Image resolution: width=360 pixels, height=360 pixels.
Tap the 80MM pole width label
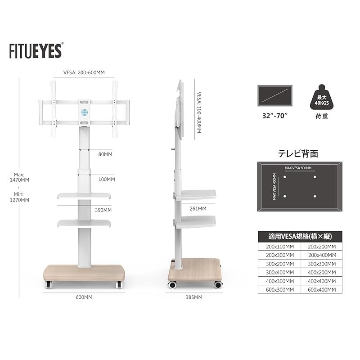coord(105,154)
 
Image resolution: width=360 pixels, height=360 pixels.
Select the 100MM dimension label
coord(107,179)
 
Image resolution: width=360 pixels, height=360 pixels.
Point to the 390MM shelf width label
coord(103,210)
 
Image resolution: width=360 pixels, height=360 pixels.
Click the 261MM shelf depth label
coord(198,209)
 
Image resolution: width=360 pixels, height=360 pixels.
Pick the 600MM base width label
coord(84,297)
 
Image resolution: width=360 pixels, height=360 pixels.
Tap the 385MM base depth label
coord(194,297)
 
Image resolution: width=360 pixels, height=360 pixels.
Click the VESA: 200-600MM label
coord(84,72)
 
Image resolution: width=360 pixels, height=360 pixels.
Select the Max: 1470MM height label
coord(19,177)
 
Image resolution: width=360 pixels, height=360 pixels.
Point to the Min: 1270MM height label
coord(19,197)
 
